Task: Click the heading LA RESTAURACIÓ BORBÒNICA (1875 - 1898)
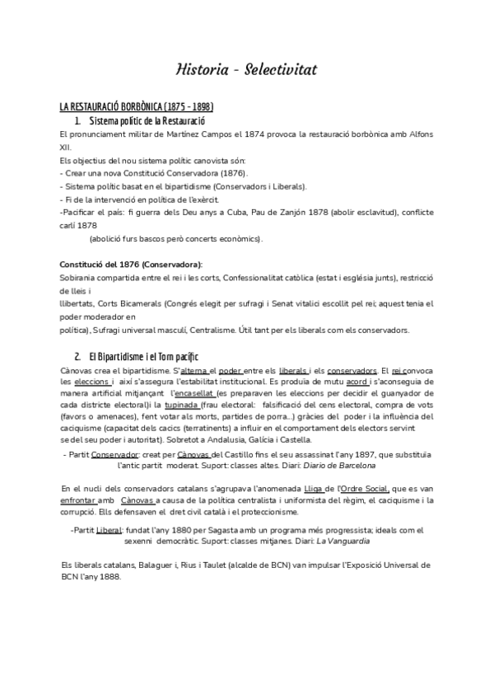pos(137,108)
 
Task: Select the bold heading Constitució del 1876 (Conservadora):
pos(132,265)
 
